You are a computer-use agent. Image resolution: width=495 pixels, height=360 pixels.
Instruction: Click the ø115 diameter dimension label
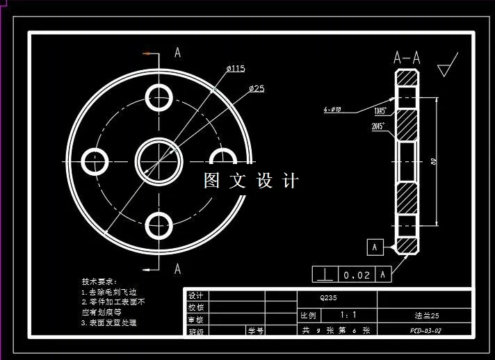coord(236,68)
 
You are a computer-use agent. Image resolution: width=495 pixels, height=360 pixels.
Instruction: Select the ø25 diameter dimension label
coord(257,88)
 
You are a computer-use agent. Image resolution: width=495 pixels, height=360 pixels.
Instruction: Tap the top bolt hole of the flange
coord(159,96)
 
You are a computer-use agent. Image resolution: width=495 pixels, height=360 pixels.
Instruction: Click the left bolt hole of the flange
coord(95,160)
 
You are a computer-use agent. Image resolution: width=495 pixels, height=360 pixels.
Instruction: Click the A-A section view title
coord(407,58)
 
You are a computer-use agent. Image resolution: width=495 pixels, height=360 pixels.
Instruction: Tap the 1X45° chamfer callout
coord(380,111)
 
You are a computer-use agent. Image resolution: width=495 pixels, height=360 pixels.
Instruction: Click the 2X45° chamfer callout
coord(379,126)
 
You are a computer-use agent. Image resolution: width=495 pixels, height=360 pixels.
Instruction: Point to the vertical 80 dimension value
coord(433,161)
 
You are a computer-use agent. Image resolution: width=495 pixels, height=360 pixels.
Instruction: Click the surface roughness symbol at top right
coord(448,65)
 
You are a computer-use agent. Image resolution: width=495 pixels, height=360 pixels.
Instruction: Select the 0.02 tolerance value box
coord(356,275)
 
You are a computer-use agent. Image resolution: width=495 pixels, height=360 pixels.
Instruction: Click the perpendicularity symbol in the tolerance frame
coord(324,275)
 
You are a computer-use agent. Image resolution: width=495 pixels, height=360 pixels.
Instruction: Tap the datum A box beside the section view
coord(375,246)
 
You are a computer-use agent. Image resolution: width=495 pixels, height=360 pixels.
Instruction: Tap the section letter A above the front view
coord(178,52)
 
